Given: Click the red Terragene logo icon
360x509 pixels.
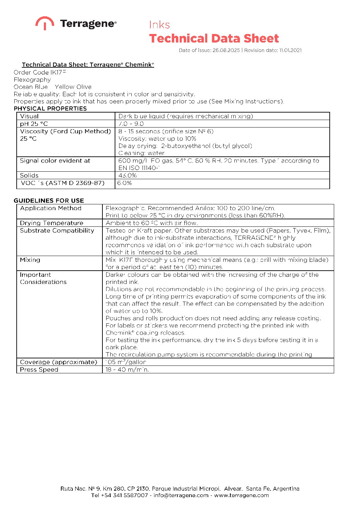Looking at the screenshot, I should (x=45, y=23).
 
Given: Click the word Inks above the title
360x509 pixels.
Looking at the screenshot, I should (x=159, y=25).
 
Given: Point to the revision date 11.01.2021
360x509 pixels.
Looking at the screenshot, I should (x=290, y=50).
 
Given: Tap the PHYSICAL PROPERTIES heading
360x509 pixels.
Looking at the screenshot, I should (x=50, y=108).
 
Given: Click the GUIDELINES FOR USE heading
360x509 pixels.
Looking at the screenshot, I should (x=49, y=201).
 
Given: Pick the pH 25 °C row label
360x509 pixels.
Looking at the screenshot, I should (x=34, y=124).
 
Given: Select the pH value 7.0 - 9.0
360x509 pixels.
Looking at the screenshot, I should (x=131, y=124).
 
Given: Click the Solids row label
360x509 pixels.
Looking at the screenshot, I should (x=29, y=175).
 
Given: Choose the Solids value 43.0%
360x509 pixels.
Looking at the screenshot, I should (x=128, y=175).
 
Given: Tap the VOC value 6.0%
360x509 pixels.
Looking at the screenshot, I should (x=125, y=183).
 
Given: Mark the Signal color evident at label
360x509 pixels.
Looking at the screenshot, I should (x=55, y=160).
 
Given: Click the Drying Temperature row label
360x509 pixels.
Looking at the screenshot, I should (x=51, y=223).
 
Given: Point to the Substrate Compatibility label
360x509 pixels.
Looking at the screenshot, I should (x=57, y=231).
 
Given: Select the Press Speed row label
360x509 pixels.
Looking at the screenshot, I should (x=39, y=370).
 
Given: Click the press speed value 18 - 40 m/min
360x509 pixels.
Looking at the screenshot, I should (x=127, y=370).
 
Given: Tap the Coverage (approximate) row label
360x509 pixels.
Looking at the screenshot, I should (x=59, y=362).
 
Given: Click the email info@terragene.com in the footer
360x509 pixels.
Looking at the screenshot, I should (x=181, y=495).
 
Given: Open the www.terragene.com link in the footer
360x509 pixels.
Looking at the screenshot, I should (x=241, y=495).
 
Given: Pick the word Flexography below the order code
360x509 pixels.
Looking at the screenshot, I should (x=32, y=80).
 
